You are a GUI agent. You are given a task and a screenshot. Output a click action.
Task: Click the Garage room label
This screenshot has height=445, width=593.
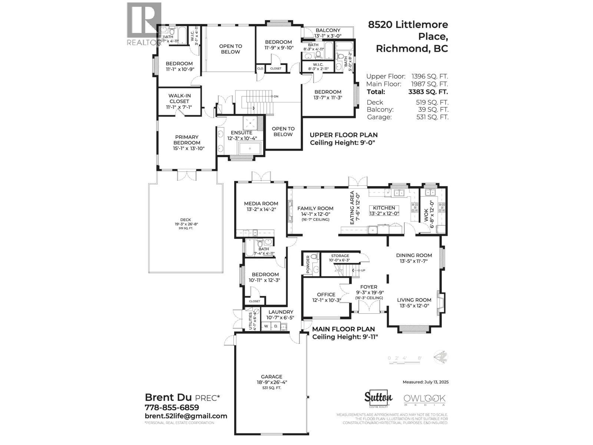(271, 377)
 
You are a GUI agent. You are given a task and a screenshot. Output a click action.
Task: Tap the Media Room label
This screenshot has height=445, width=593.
(261, 204)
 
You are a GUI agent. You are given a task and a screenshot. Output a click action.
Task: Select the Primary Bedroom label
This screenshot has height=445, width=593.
(187, 140)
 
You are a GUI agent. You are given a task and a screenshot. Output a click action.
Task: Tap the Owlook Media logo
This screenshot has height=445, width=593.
(424, 400)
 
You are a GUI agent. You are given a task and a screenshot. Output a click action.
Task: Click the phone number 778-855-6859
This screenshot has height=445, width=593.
(172, 407)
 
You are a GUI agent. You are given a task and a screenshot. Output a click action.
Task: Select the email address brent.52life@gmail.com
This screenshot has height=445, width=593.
(186, 416)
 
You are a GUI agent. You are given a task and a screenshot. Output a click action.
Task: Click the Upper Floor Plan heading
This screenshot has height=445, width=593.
(344, 135)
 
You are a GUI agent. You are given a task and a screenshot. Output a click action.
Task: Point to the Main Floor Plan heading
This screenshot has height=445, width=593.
(343, 329)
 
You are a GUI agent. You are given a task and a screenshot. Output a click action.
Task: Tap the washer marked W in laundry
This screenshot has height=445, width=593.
(266, 326)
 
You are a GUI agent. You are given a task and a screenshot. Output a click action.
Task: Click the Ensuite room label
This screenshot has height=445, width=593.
(241, 133)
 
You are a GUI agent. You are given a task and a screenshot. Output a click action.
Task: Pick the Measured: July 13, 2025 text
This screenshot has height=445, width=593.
(425, 382)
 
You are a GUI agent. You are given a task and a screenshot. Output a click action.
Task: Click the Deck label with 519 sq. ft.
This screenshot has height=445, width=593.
(185, 220)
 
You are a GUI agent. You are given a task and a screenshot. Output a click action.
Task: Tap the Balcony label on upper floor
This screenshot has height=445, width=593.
(328, 30)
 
